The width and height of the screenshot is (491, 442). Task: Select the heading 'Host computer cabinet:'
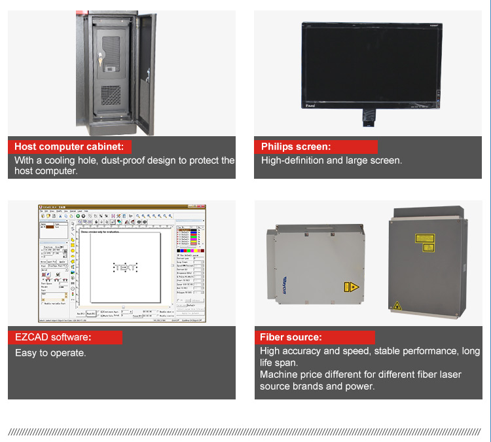tap(72, 147)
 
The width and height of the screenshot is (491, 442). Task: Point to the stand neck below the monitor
tap(368, 117)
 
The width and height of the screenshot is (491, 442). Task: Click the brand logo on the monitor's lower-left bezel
tap(311, 103)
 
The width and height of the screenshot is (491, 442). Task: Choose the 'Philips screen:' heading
tap(295, 147)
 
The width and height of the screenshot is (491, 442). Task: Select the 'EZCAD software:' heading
tap(53, 338)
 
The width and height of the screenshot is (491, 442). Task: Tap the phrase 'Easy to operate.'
tap(50, 353)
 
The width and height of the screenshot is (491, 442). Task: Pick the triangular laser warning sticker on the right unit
tap(397, 305)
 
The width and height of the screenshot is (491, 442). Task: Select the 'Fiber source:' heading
tap(291, 338)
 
